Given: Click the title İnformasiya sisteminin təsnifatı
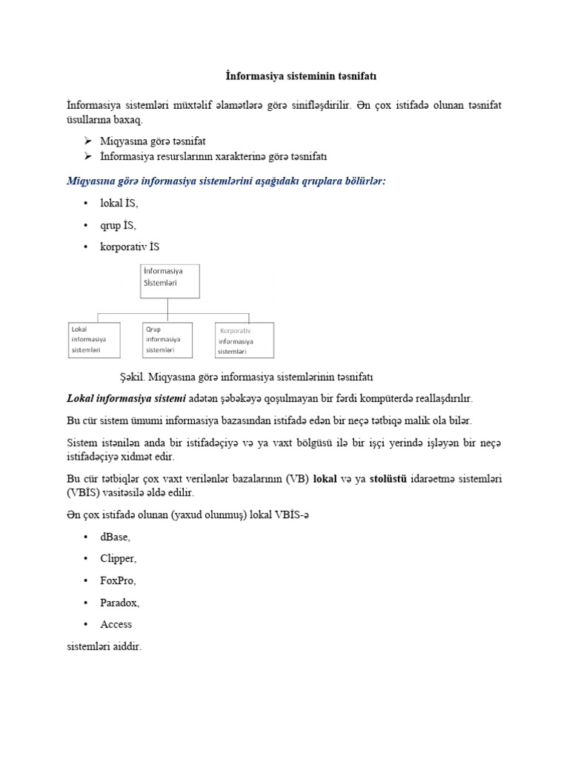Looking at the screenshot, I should point(284,76).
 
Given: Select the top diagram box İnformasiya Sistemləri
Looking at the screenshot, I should point(170,281).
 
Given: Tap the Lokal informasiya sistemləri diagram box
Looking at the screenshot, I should point(94,339).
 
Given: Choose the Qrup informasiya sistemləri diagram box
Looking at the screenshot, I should point(167,339).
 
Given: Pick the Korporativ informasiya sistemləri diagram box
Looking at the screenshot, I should point(244,340).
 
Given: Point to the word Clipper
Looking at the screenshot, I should point(119,558).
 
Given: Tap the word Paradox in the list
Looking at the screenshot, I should point(120,603).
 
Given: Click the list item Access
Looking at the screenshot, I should point(116,624).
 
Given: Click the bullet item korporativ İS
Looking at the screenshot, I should point(130,246).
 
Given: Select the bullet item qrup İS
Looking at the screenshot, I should point(119,225).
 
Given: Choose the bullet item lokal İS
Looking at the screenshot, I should point(119,203).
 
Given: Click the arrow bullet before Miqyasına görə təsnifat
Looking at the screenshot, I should point(87,141).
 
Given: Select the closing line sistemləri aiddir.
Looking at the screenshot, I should point(104,646).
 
